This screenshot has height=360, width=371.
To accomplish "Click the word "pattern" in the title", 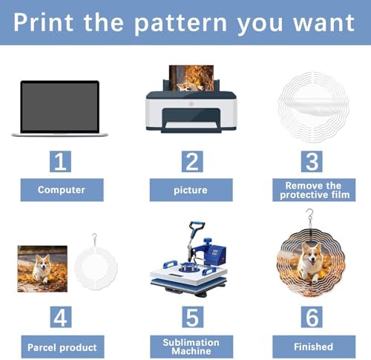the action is [x=180, y=24].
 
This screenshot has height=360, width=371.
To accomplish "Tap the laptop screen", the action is [x=59, y=107].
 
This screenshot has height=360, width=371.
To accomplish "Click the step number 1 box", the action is [x=60, y=161].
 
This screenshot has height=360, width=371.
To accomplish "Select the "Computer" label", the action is [x=62, y=190].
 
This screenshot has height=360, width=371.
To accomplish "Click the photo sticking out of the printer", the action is [x=191, y=78].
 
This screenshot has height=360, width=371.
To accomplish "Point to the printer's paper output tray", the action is [x=191, y=125].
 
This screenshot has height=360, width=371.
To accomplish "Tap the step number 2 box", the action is [x=192, y=161].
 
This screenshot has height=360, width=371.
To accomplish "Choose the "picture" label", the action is [x=191, y=190].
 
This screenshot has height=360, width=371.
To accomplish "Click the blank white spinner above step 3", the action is [x=314, y=107].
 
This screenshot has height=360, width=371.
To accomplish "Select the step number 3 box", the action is [x=312, y=161].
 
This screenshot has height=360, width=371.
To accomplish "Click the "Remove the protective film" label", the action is [x=314, y=190].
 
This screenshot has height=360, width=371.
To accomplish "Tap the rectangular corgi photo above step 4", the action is [x=42, y=269].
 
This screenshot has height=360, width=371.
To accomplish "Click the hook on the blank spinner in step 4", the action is [x=94, y=238].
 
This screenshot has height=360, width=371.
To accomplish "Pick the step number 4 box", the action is [x=61, y=317].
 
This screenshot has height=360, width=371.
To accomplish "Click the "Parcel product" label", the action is [x=62, y=347].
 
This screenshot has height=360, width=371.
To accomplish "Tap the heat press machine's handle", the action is [x=197, y=226].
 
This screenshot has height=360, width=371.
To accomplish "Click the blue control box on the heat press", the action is [x=217, y=254].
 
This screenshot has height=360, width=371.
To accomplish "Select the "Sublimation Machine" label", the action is [x=191, y=347].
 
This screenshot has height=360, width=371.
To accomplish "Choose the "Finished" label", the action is [x=314, y=347].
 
